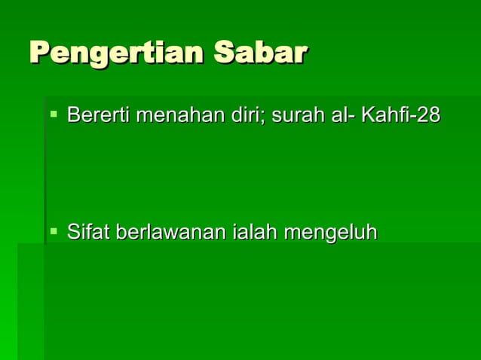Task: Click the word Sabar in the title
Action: tap(260, 53)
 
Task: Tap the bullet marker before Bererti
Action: tap(54, 114)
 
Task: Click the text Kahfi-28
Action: tap(400, 116)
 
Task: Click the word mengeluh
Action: tap(330, 233)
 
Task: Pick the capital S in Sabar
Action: tap(224, 53)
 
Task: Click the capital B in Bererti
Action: tap(73, 116)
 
